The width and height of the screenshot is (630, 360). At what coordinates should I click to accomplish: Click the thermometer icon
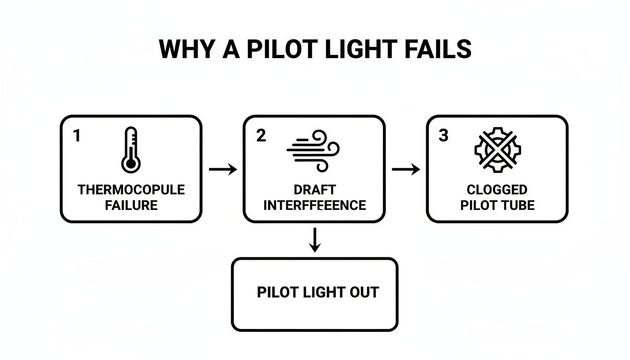(131, 150)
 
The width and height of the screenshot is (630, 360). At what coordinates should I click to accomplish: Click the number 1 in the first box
(77, 136)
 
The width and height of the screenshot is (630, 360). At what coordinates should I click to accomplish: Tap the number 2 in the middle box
(261, 136)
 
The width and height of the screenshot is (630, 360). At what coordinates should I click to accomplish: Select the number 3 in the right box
(443, 136)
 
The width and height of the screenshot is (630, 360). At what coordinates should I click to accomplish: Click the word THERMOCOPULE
(131, 190)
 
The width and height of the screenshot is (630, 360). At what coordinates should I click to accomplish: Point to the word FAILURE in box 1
(131, 205)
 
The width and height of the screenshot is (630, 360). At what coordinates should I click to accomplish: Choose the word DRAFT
(315, 190)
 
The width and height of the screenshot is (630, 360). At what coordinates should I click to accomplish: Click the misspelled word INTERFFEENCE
(315, 205)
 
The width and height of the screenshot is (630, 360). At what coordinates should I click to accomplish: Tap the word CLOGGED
(497, 190)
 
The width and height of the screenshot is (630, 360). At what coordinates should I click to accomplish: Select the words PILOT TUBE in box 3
(497, 205)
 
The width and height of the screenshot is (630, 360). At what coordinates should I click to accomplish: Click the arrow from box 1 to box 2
(223, 169)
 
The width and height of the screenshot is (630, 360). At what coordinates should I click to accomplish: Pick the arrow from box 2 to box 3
(405, 169)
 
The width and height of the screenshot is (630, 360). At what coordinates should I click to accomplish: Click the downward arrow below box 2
(315, 240)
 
